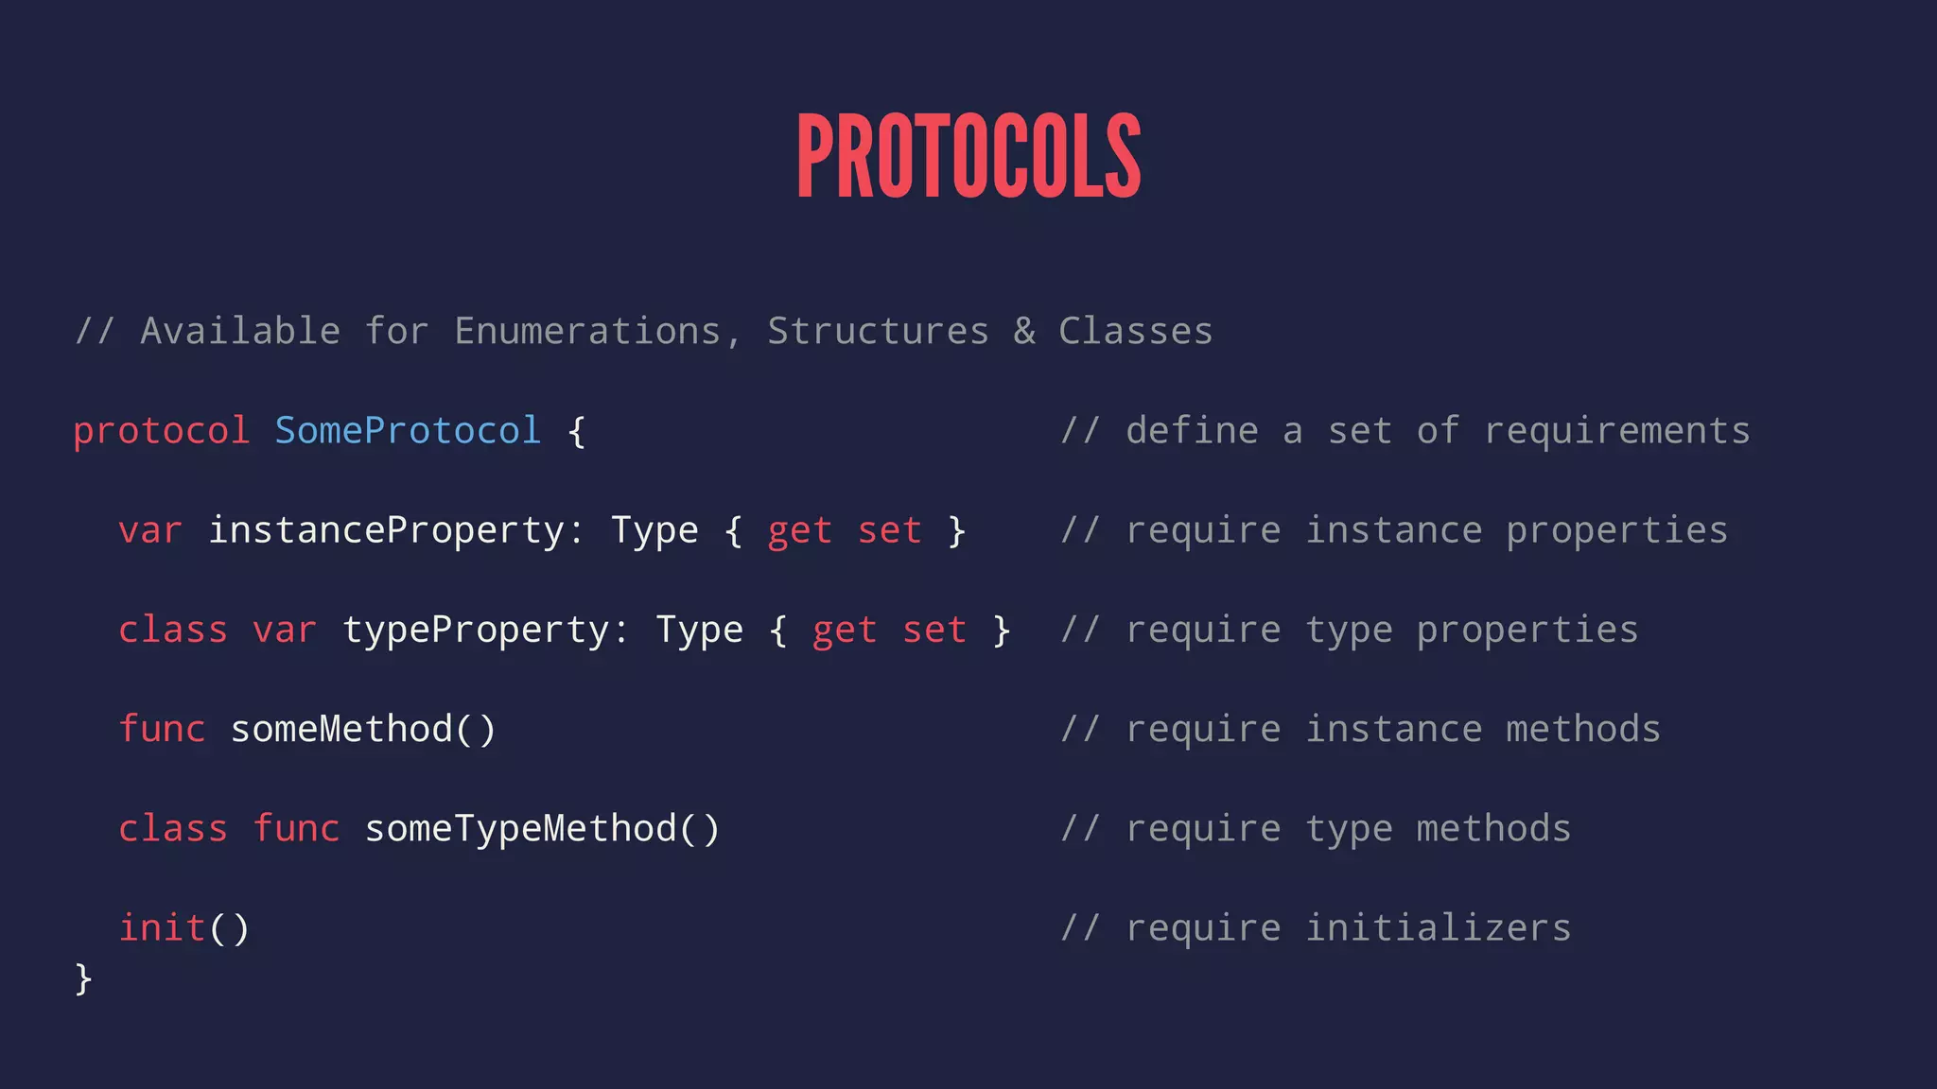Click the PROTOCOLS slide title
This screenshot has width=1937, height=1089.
tap(968, 156)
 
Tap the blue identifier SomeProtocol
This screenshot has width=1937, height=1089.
tap(408, 431)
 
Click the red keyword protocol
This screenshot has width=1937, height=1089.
tap(161, 431)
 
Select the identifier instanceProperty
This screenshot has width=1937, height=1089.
tap(386, 530)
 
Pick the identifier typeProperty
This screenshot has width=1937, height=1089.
tap(476, 631)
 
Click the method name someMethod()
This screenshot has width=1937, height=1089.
tap(363, 729)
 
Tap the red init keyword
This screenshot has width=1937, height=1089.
tap(162, 927)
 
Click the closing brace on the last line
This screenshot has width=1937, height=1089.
tap(83, 978)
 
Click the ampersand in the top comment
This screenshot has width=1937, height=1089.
tap(1024, 332)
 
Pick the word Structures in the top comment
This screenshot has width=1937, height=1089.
tap(878, 332)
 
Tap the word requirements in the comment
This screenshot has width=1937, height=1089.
tap(1617, 431)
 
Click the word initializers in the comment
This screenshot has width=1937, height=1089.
tap(1439, 928)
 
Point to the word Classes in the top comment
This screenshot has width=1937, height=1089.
tap(1135, 332)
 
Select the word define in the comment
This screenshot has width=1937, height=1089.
tap(1192, 431)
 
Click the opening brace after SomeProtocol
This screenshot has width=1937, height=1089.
tap(576, 432)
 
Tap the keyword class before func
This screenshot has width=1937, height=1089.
tap(173, 829)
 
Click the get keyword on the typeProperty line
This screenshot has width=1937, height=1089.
tap(845, 631)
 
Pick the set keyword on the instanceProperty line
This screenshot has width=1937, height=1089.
tap(889, 530)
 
